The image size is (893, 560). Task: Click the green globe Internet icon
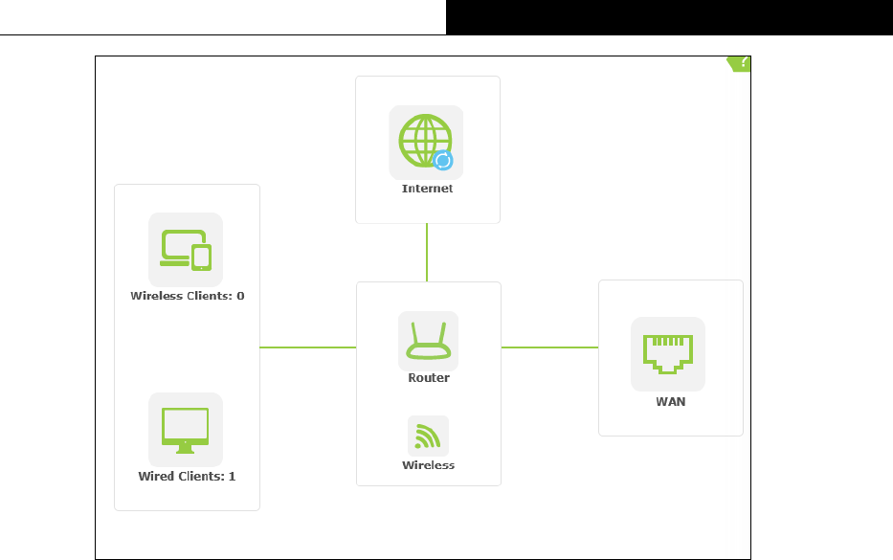pyautogui.click(x=423, y=141)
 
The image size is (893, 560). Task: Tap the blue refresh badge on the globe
pyautogui.click(x=442, y=160)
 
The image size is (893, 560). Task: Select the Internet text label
pyautogui.click(x=427, y=189)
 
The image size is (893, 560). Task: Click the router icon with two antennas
pyautogui.click(x=428, y=341)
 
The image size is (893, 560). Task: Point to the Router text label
pyautogui.click(x=428, y=378)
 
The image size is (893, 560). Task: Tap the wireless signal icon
pyautogui.click(x=428, y=436)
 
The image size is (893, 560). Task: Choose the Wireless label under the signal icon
pyautogui.click(x=428, y=465)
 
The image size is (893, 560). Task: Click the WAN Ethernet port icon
pyautogui.click(x=667, y=353)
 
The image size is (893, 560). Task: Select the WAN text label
pyautogui.click(x=670, y=402)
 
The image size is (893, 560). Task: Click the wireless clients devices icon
pyautogui.click(x=186, y=249)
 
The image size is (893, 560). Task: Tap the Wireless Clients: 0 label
pyautogui.click(x=187, y=296)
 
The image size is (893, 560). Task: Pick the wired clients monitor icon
pyautogui.click(x=186, y=429)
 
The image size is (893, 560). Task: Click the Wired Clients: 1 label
pyautogui.click(x=187, y=476)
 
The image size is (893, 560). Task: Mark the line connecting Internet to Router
pyautogui.click(x=427, y=253)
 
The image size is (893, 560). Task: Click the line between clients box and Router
pyautogui.click(x=308, y=347)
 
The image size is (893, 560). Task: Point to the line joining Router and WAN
pyautogui.click(x=549, y=347)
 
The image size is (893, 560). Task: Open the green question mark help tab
pyautogui.click(x=740, y=63)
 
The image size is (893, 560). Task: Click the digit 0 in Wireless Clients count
pyautogui.click(x=240, y=296)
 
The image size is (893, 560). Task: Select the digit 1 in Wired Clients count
pyautogui.click(x=232, y=476)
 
